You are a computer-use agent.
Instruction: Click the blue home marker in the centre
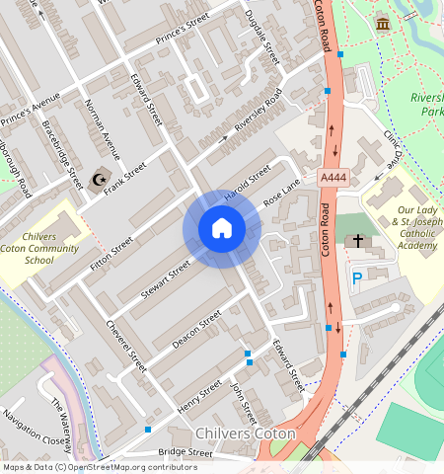(x=222, y=229)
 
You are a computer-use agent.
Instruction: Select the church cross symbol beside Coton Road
(x=358, y=240)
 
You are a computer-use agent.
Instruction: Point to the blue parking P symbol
(x=356, y=279)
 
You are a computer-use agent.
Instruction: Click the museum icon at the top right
(x=382, y=23)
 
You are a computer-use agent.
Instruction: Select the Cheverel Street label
(x=125, y=346)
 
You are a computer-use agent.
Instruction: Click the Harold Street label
(x=247, y=183)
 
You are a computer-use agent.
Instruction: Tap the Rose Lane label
(x=281, y=194)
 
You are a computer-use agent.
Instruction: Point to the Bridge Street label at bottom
(x=185, y=452)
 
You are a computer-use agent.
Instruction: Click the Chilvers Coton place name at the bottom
(x=246, y=434)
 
